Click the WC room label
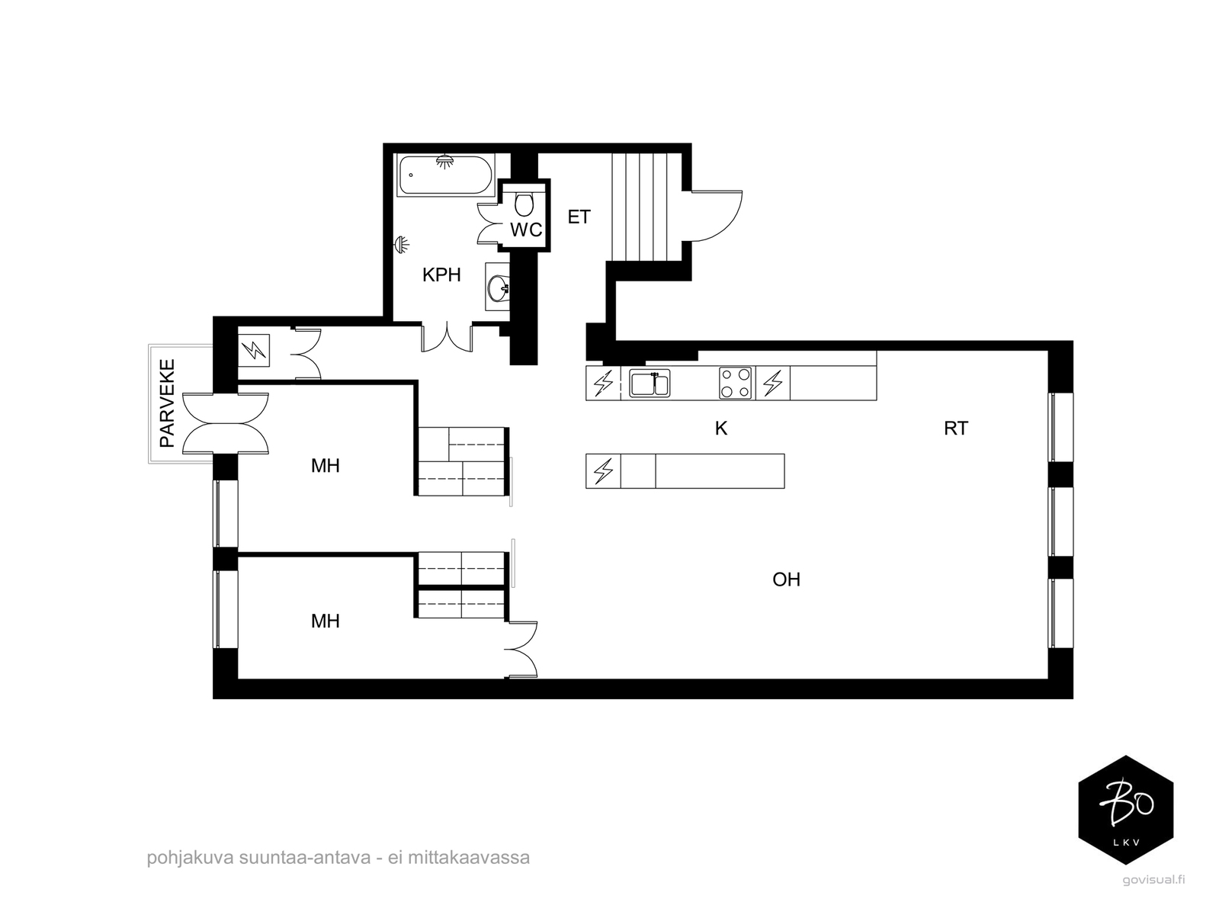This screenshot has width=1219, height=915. tap(525, 230)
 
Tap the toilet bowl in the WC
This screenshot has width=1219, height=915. tap(524, 204)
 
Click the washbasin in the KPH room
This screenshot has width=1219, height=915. tap(498, 288)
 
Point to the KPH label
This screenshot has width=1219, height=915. tap(441, 275)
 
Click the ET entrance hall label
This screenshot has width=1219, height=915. tap(579, 217)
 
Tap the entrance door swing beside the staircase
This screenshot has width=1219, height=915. tap(717, 216)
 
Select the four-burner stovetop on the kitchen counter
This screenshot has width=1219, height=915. tap(735, 383)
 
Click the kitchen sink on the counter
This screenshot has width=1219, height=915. tap(650, 383)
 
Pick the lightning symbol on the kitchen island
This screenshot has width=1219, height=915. tap(603, 471)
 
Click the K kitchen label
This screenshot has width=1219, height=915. tap(720, 429)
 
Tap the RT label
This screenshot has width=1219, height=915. tap(955, 429)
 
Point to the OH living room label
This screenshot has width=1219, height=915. tap(786, 579)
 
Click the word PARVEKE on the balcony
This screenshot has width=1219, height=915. tap(167, 403)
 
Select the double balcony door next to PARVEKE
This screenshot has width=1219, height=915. tap(226, 424)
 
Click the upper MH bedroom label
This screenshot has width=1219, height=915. tap(325, 466)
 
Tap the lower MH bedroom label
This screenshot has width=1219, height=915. tap(325, 621)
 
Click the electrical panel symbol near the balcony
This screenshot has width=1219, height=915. tap(254, 352)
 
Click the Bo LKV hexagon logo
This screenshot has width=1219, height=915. tap(1125, 810)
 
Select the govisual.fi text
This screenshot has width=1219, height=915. tap(1153, 879)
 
